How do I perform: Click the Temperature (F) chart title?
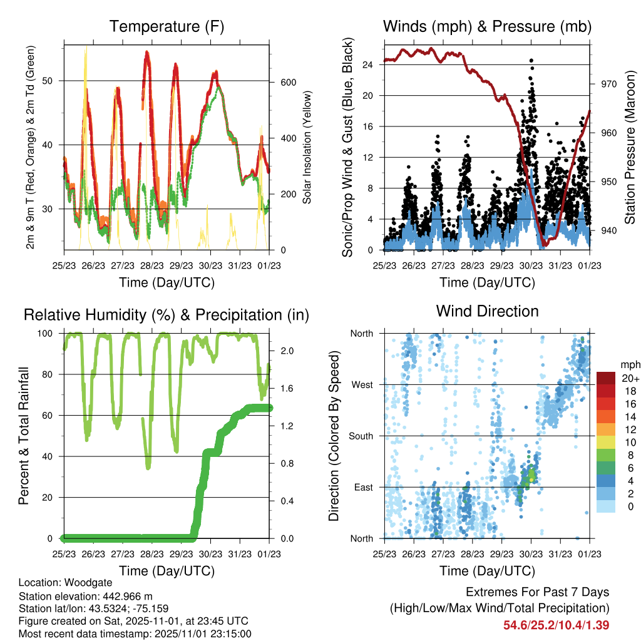(167, 26)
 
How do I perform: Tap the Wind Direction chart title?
(487, 310)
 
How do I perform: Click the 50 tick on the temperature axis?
(54, 81)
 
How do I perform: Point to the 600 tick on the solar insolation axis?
(287, 83)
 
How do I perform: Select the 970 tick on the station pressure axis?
(608, 83)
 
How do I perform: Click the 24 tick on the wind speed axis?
(368, 64)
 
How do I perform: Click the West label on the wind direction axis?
(362, 384)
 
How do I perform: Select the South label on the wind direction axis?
(360, 436)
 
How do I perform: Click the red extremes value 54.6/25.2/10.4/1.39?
(556, 625)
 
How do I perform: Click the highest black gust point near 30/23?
(531, 61)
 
